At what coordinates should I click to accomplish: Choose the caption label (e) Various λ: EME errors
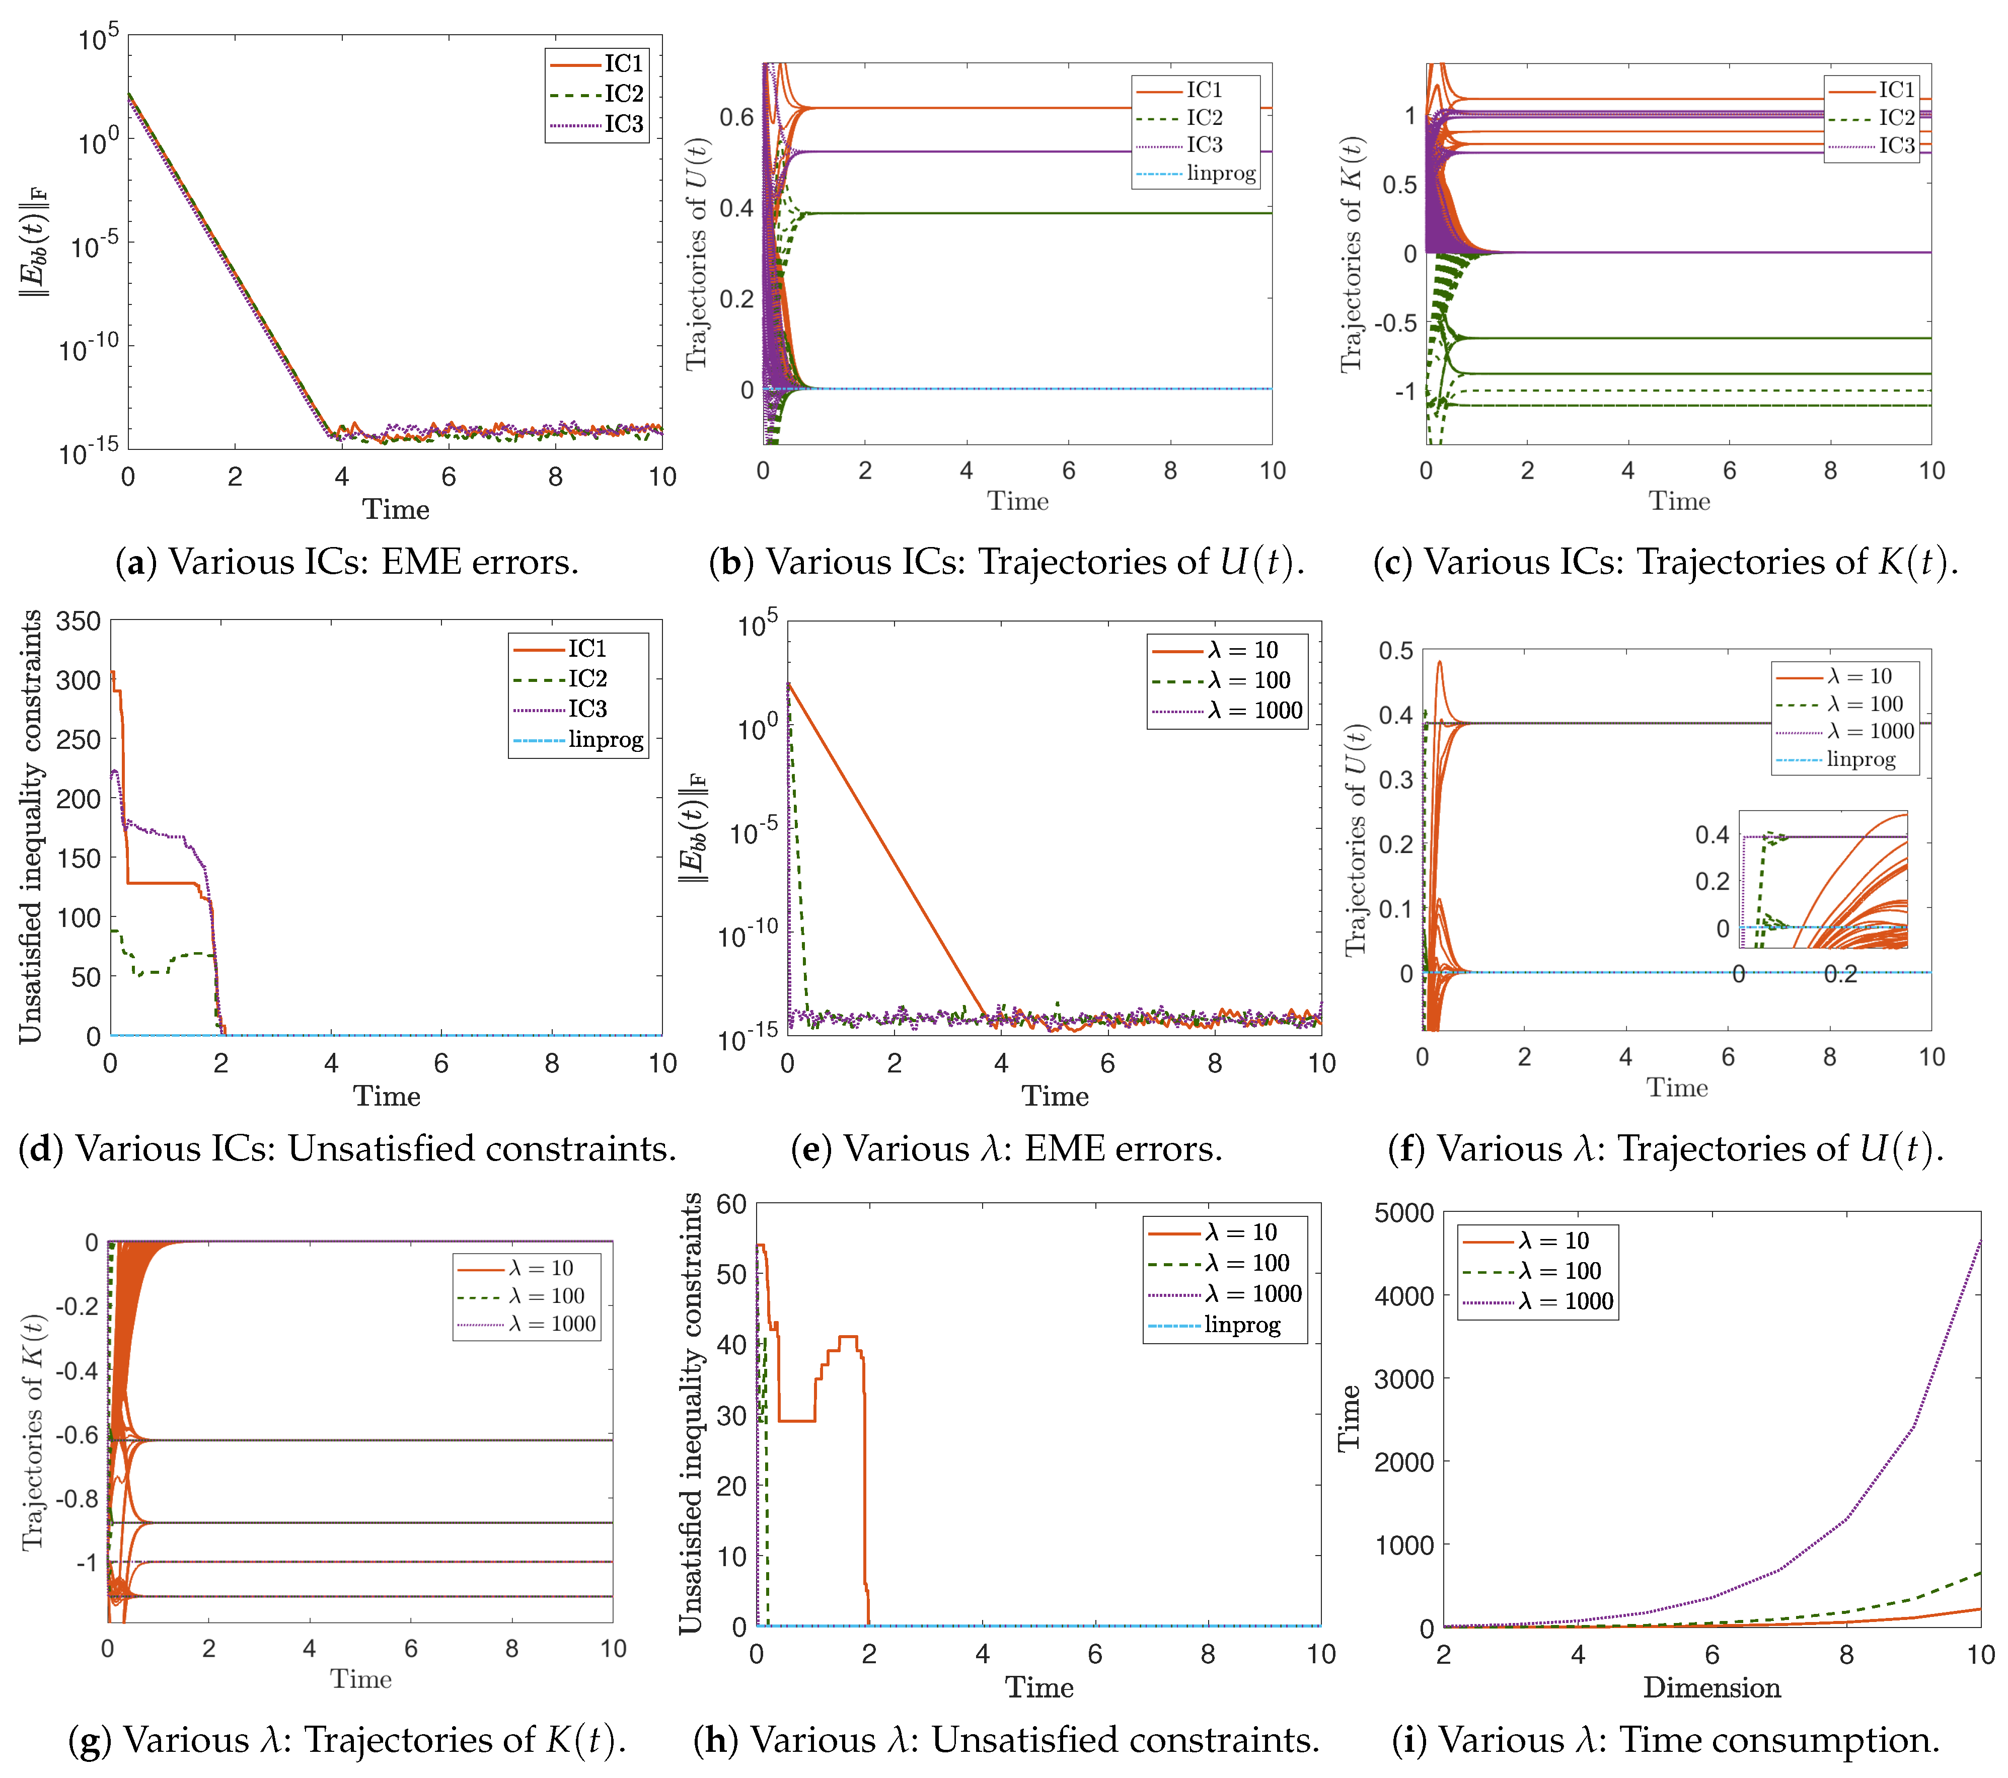pyautogui.click(x=1006, y=1148)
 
